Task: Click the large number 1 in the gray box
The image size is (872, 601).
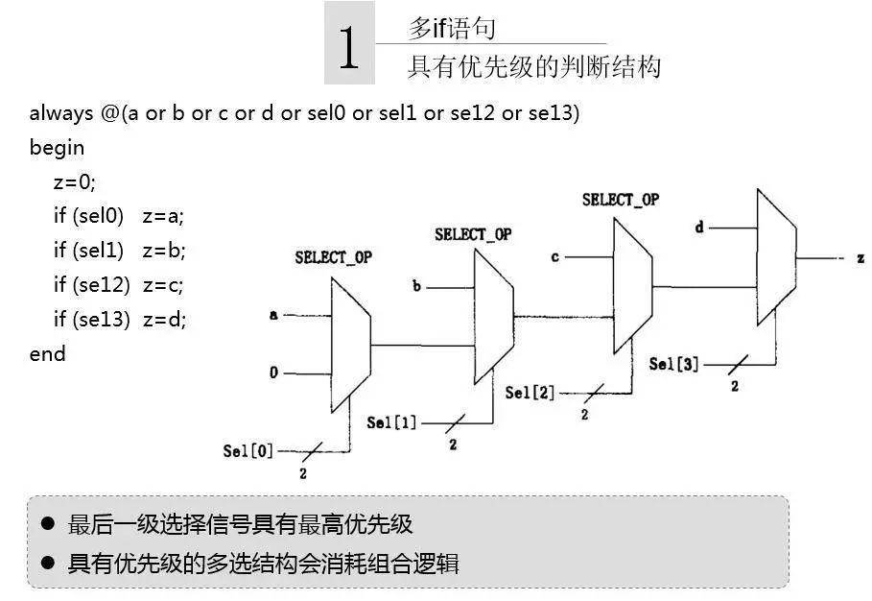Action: pos(348,48)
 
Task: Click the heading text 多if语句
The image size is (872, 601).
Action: pos(452,28)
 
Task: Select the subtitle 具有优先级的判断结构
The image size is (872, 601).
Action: pos(534,66)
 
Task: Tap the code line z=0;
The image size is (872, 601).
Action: pos(75,182)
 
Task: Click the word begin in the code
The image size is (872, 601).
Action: pos(57,148)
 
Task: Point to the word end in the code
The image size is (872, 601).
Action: pos(47,353)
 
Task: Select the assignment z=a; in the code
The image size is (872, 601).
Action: pos(163,216)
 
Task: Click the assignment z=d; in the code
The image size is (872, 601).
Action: pos(164,319)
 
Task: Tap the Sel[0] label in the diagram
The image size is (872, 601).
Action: pos(248,451)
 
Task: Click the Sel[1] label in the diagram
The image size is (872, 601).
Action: pos(391,422)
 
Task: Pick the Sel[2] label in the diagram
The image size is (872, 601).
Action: pos(530,393)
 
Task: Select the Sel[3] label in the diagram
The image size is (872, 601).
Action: pos(673,364)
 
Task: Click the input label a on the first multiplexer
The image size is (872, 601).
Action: pos(273,315)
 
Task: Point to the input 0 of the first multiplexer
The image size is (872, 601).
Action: pos(273,373)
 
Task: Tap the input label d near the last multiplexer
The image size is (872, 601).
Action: pos(699,227)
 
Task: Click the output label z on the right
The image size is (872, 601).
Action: pos(860,258)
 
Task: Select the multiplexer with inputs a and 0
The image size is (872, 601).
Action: pos(351,345)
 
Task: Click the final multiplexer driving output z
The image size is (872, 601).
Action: pos(777,257)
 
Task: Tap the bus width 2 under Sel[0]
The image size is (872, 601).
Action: pos(303,473)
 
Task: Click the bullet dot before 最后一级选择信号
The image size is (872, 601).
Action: pos(48,523)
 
